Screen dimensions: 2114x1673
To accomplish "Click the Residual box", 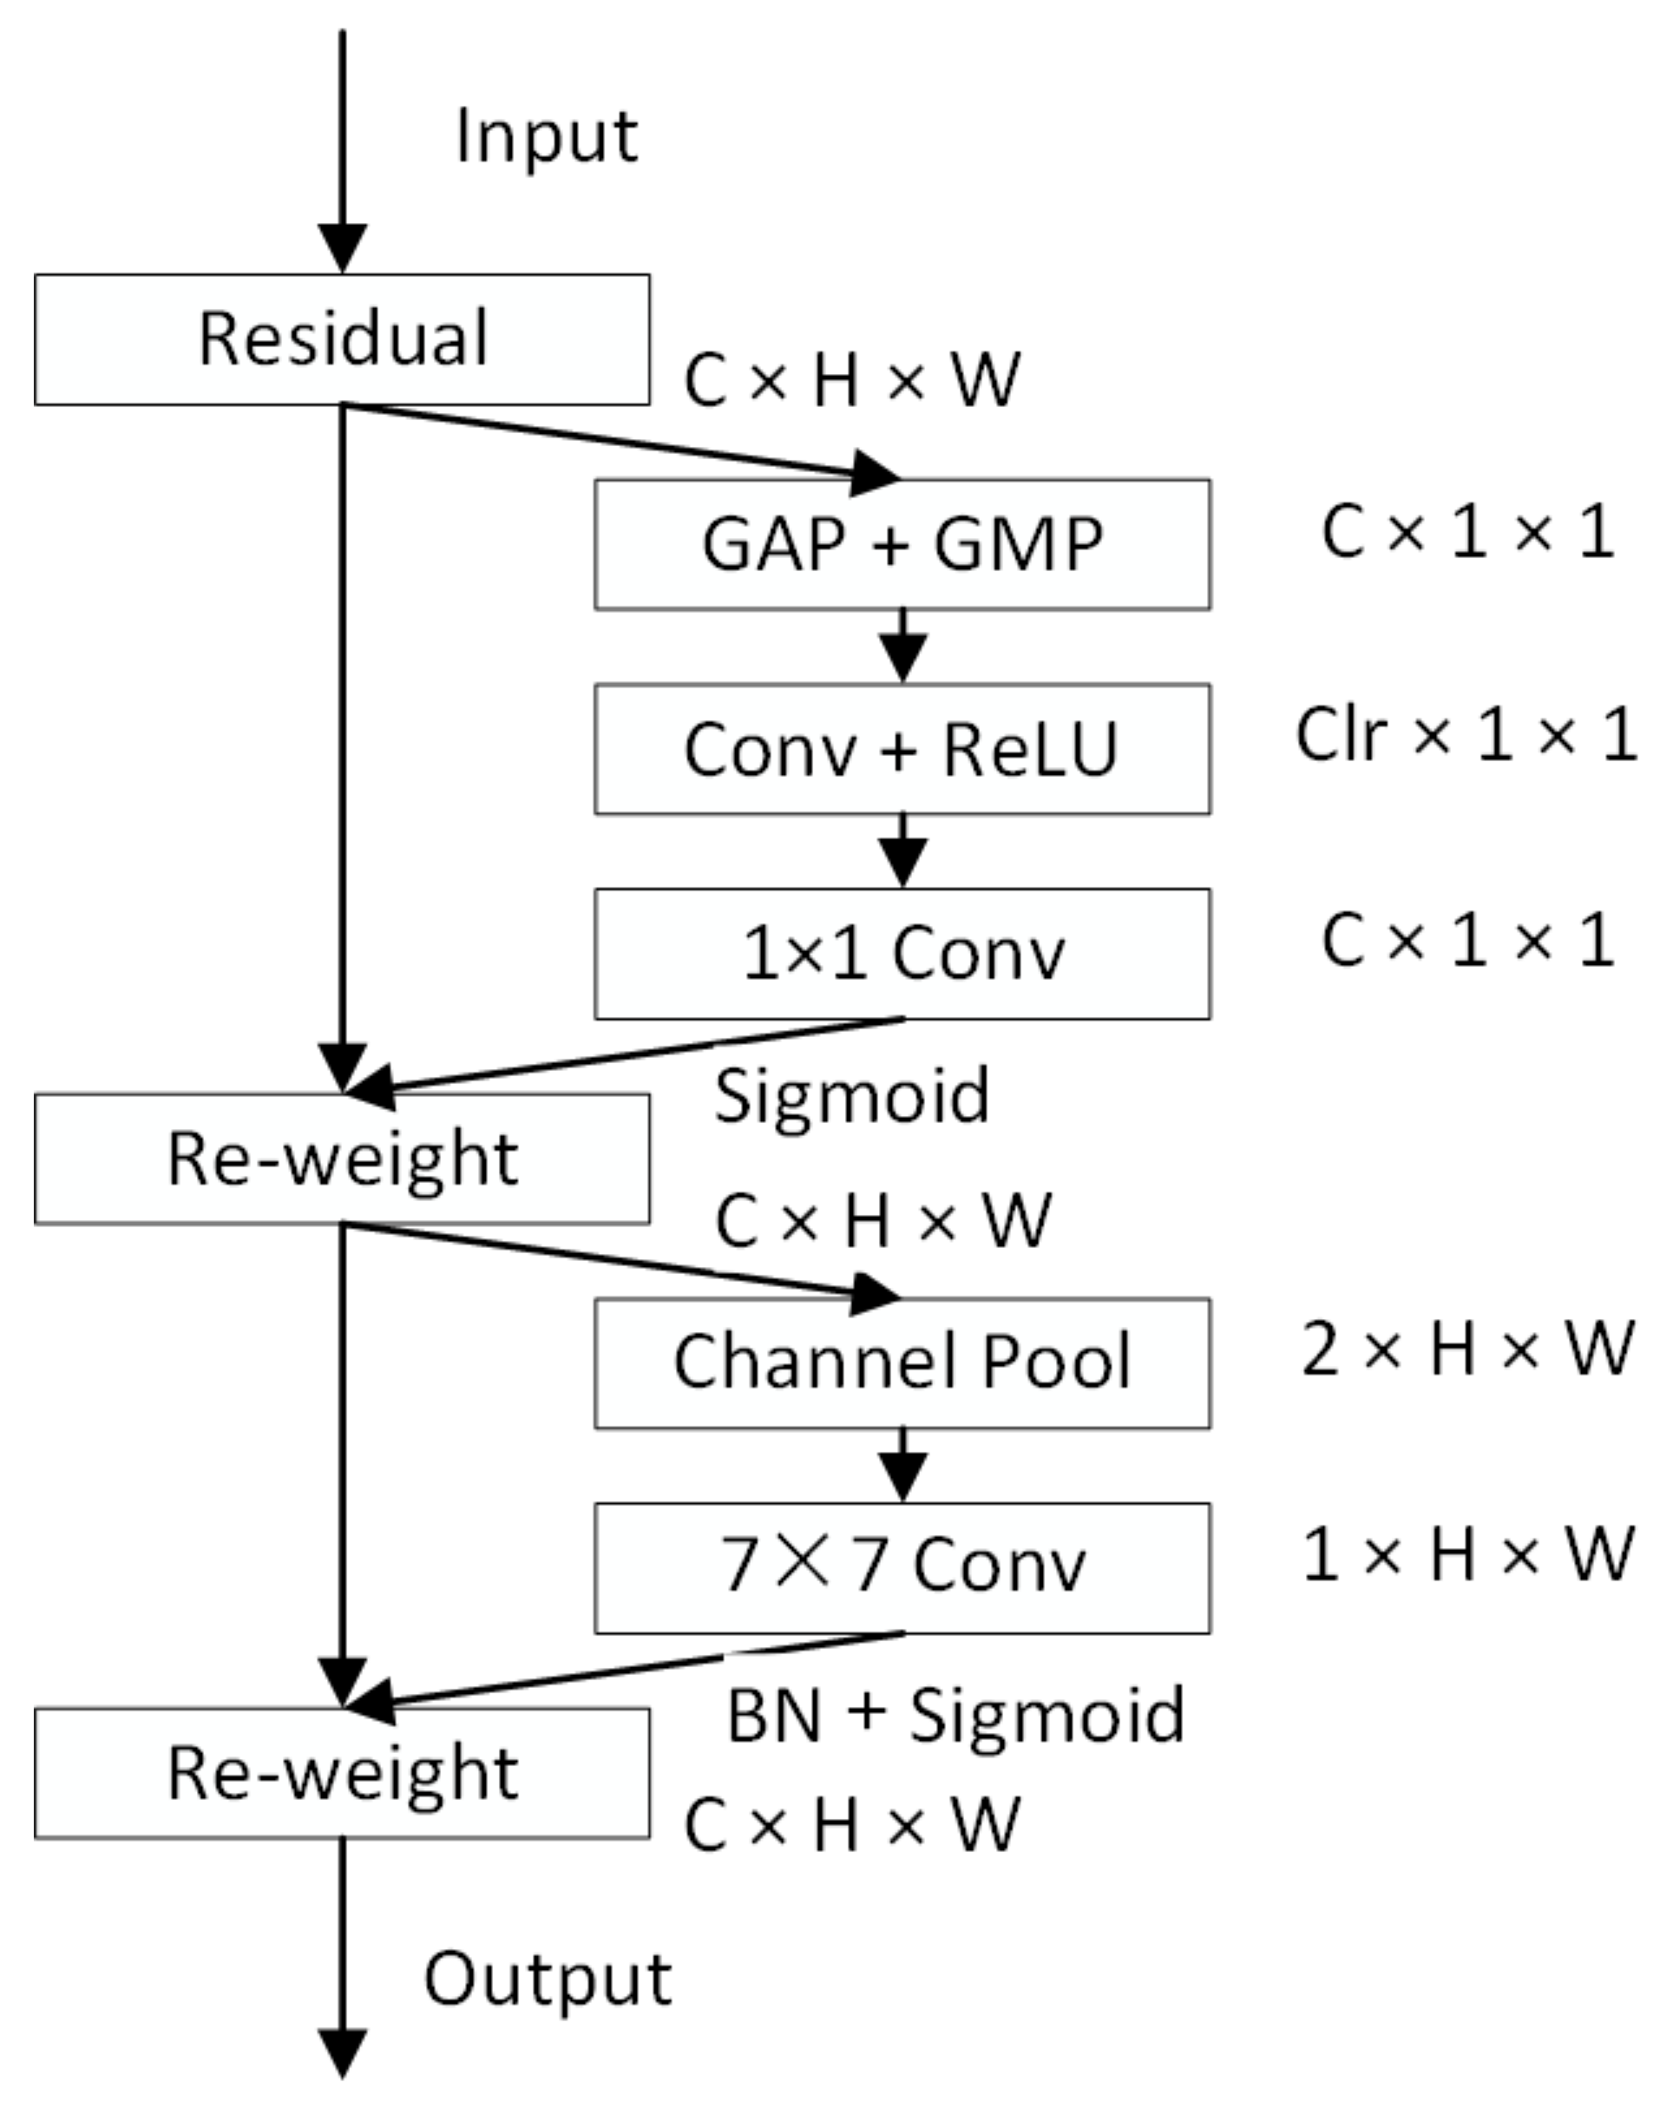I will click(342, 339).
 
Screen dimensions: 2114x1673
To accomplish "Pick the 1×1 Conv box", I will click(902, 953).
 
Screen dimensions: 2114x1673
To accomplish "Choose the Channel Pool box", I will click(902, 1362).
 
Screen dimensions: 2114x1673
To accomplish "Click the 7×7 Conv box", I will click(902, 1567).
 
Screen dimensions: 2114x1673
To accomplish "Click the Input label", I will click(547, 137).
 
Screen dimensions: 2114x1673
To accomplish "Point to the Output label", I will click(548, 1979).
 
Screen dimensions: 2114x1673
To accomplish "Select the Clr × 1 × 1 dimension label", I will click(1466, 735).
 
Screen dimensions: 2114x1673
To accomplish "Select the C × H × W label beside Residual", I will click(851, 380).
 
